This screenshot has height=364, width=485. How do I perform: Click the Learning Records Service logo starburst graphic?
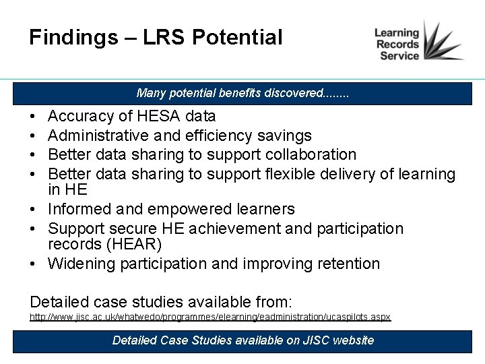click(442, 42)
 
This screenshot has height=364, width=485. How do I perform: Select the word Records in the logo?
click(397, 44)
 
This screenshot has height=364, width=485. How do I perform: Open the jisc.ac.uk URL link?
click(210, 316)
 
